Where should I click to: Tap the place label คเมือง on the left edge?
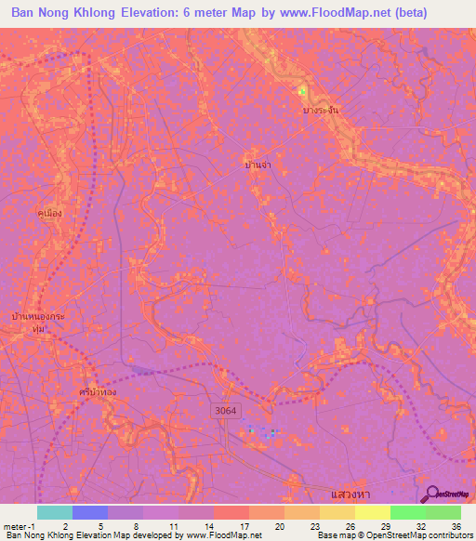49,213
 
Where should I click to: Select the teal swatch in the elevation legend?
55,512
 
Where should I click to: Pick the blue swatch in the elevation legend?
90,512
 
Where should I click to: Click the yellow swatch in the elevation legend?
373,512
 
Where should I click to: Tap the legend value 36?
455,525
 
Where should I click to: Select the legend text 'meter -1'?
19,525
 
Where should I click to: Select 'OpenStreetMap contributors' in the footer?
428,535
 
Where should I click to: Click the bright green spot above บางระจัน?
301,91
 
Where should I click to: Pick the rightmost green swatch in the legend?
443,512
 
